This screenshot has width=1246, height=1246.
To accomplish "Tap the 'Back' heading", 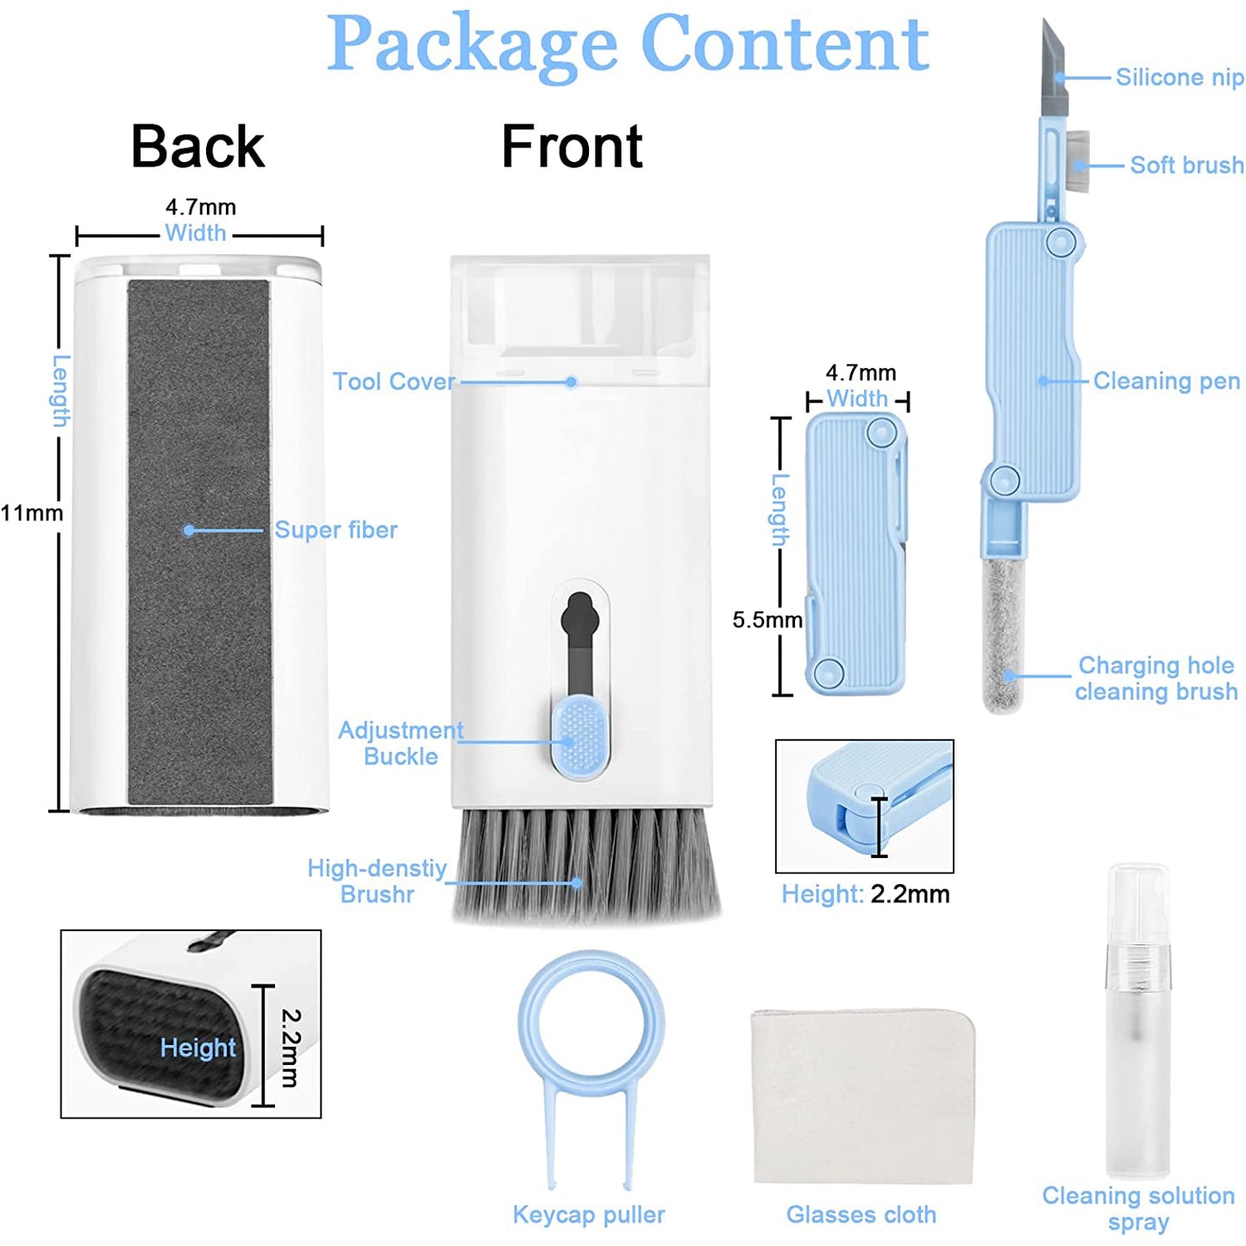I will tap(197, 146).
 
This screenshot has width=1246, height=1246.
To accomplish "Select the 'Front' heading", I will tap(572, 146).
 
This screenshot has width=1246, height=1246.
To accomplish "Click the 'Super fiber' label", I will tap(335, 529).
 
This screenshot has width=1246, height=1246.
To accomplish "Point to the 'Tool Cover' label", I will tap(394, 381).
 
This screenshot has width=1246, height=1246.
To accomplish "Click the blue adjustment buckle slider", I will tap(579, 737).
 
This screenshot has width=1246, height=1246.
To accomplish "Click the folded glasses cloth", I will tap(862, 1095).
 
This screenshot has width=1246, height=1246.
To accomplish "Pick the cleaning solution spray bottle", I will tap(1138, 1026).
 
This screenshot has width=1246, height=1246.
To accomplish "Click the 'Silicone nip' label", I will tap(1180, 78).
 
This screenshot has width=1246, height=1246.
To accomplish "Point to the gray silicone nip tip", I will tap(1054, 73).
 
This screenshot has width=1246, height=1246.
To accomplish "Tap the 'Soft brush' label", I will tap(1187, 165).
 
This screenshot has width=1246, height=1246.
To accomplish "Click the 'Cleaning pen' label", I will tap(1167, 381).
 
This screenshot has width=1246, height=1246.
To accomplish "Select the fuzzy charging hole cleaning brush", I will tap(1003, 634).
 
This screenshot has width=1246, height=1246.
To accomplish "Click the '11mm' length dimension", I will tap(32, 513).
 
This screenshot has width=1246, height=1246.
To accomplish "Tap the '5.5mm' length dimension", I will tap(767, 620).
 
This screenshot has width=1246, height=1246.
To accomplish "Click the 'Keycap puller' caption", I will tap(589, 1214).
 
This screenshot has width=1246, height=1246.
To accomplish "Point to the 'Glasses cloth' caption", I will tap(861, 1214).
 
